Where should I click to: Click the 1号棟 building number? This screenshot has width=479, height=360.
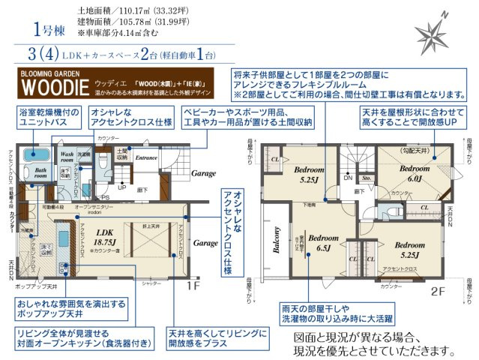click(x=48, y=30)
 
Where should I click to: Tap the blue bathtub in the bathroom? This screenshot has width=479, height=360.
click(x=34, y=155)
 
